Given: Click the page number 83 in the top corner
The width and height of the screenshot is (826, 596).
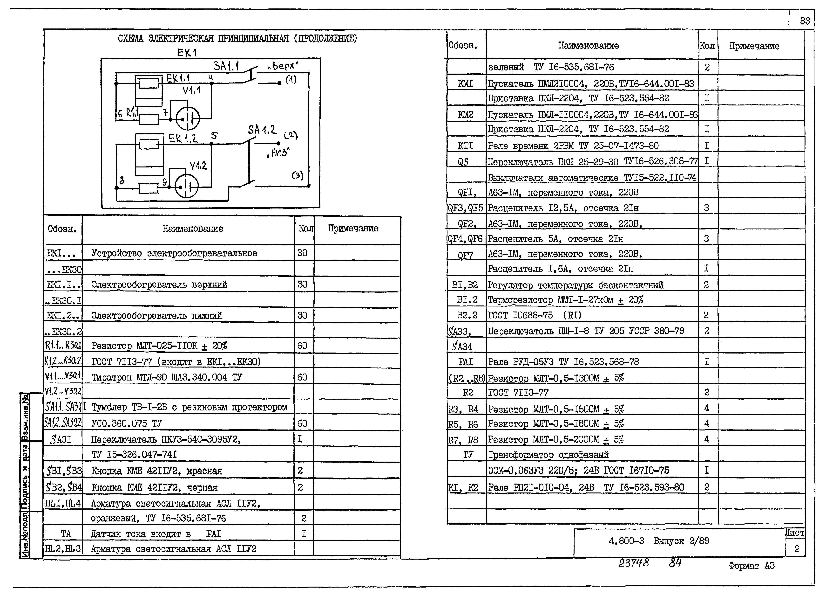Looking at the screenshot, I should [x=805, y=21].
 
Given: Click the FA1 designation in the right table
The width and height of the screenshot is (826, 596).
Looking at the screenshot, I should [x=465, y=362].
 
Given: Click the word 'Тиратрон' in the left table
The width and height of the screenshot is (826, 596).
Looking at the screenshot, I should [x=111, y=377].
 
